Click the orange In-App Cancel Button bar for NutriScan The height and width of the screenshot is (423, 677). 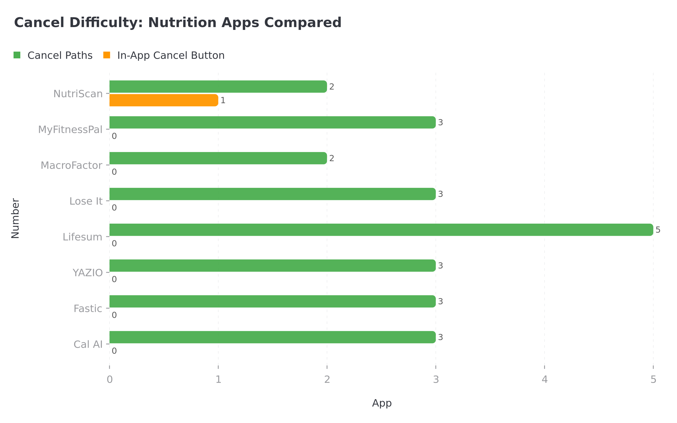[164, 100]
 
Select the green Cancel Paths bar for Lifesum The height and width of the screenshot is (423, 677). [381, 230]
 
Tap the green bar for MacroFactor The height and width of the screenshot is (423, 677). [218, 158]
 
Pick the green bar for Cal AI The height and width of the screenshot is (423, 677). [272, 337]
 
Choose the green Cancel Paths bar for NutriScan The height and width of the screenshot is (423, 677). [218, 87]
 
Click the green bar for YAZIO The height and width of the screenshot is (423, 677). [272, 266]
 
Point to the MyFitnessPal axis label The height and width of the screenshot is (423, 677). [70, 130]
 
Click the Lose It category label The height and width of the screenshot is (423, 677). [86, 201]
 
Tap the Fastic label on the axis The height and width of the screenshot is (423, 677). [88, 309]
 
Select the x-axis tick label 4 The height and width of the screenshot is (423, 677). [544, 380]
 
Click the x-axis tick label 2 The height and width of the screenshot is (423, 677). [327, 380]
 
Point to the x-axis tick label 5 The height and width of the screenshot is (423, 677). [653, 380]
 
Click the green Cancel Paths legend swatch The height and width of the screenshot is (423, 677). [17, 55]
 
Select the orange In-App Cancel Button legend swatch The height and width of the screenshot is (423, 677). [107, 55]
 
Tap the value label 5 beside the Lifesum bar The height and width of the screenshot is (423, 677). [658, 230]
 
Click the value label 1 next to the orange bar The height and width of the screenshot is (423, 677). [223, 100]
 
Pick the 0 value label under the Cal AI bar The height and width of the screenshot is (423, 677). [114, 351]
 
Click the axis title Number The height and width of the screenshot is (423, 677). [15, 219]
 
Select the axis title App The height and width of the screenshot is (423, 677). [382, 403]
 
